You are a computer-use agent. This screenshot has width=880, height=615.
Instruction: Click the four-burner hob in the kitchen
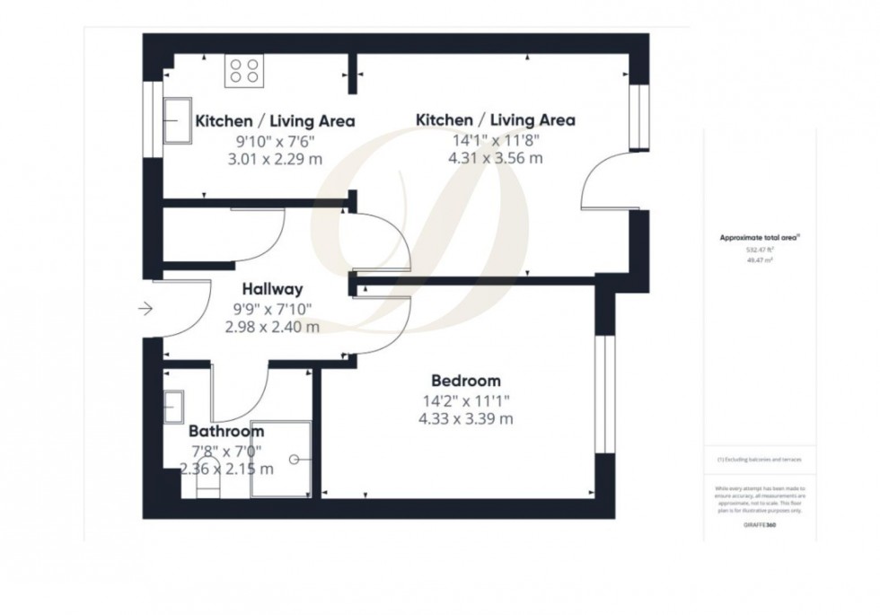[x=243, y=70]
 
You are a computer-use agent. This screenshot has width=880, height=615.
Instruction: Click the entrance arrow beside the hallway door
[x=145, y=310]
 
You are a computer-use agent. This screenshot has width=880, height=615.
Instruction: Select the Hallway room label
[x=272, y=289]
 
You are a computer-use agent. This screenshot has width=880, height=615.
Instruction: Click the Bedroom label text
[x=465, y=381]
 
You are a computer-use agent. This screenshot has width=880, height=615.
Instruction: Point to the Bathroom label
[x=226, y=433]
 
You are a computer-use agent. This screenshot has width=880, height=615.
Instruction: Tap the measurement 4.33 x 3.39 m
[x=465, y=418]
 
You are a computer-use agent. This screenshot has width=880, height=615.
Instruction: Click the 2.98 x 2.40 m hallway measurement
[x=272, y=327]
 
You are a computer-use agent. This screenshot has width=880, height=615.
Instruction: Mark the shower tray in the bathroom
[x=281, y=458]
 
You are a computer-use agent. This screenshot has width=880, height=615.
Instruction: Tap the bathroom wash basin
[x=174, y=407]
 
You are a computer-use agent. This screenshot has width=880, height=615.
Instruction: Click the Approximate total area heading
[x=759, y=238]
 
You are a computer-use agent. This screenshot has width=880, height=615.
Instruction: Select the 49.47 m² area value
[x=759, y=259]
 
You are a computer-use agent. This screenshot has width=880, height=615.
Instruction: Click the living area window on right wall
[x=638, y=118]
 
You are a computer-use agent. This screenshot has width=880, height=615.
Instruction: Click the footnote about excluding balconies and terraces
[x=759, y=459]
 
